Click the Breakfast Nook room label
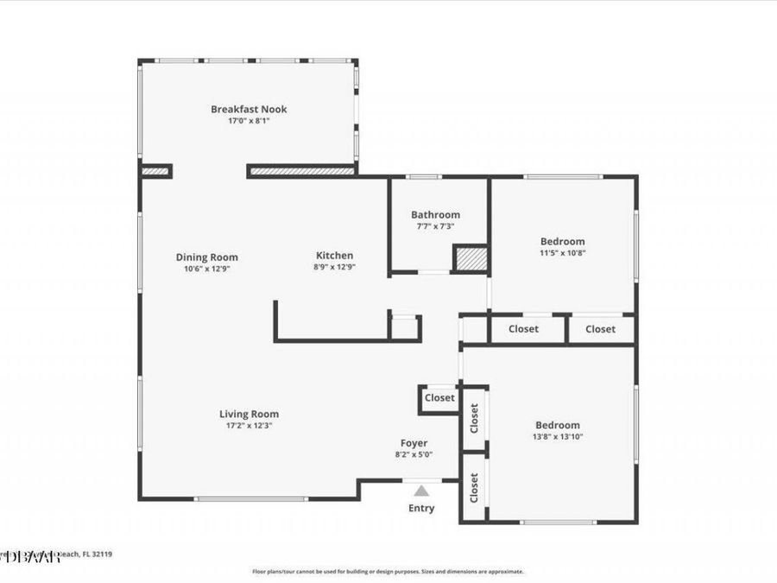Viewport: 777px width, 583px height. click(x=249, y=109)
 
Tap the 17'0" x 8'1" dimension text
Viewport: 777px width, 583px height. click(x=249, y=121)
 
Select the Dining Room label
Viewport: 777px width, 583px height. click(x=206, y=257)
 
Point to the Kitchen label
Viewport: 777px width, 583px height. click(x=334, y=255)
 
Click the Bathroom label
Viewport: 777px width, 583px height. click(x=435, y=214)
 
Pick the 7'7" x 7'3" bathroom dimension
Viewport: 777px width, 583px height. click(x=435, y=226)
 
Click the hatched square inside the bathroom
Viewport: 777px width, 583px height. click(x=471, y=259)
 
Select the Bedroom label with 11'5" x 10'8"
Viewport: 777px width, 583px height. click(x=562, y=241)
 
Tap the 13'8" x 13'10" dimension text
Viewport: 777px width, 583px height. click(x=557, y=437)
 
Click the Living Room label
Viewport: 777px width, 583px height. click(x=249, y=414)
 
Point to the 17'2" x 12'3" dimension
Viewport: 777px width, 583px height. click(x=249, y=426)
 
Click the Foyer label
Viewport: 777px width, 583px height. click(x=414, y=443)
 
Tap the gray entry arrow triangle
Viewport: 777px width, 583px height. click(x=420, y=491)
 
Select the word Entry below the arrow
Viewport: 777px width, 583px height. click(x=421, y=508)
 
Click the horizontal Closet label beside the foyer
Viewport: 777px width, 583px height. click(x=439, y=398)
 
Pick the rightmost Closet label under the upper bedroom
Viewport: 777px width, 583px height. click(x=600, y=329)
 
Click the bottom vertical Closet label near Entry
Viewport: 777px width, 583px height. click(x=474, y=489)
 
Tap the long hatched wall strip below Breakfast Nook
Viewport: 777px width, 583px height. click(x=301, y=171)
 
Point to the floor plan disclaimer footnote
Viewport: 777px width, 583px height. click(x=388, y=571)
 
